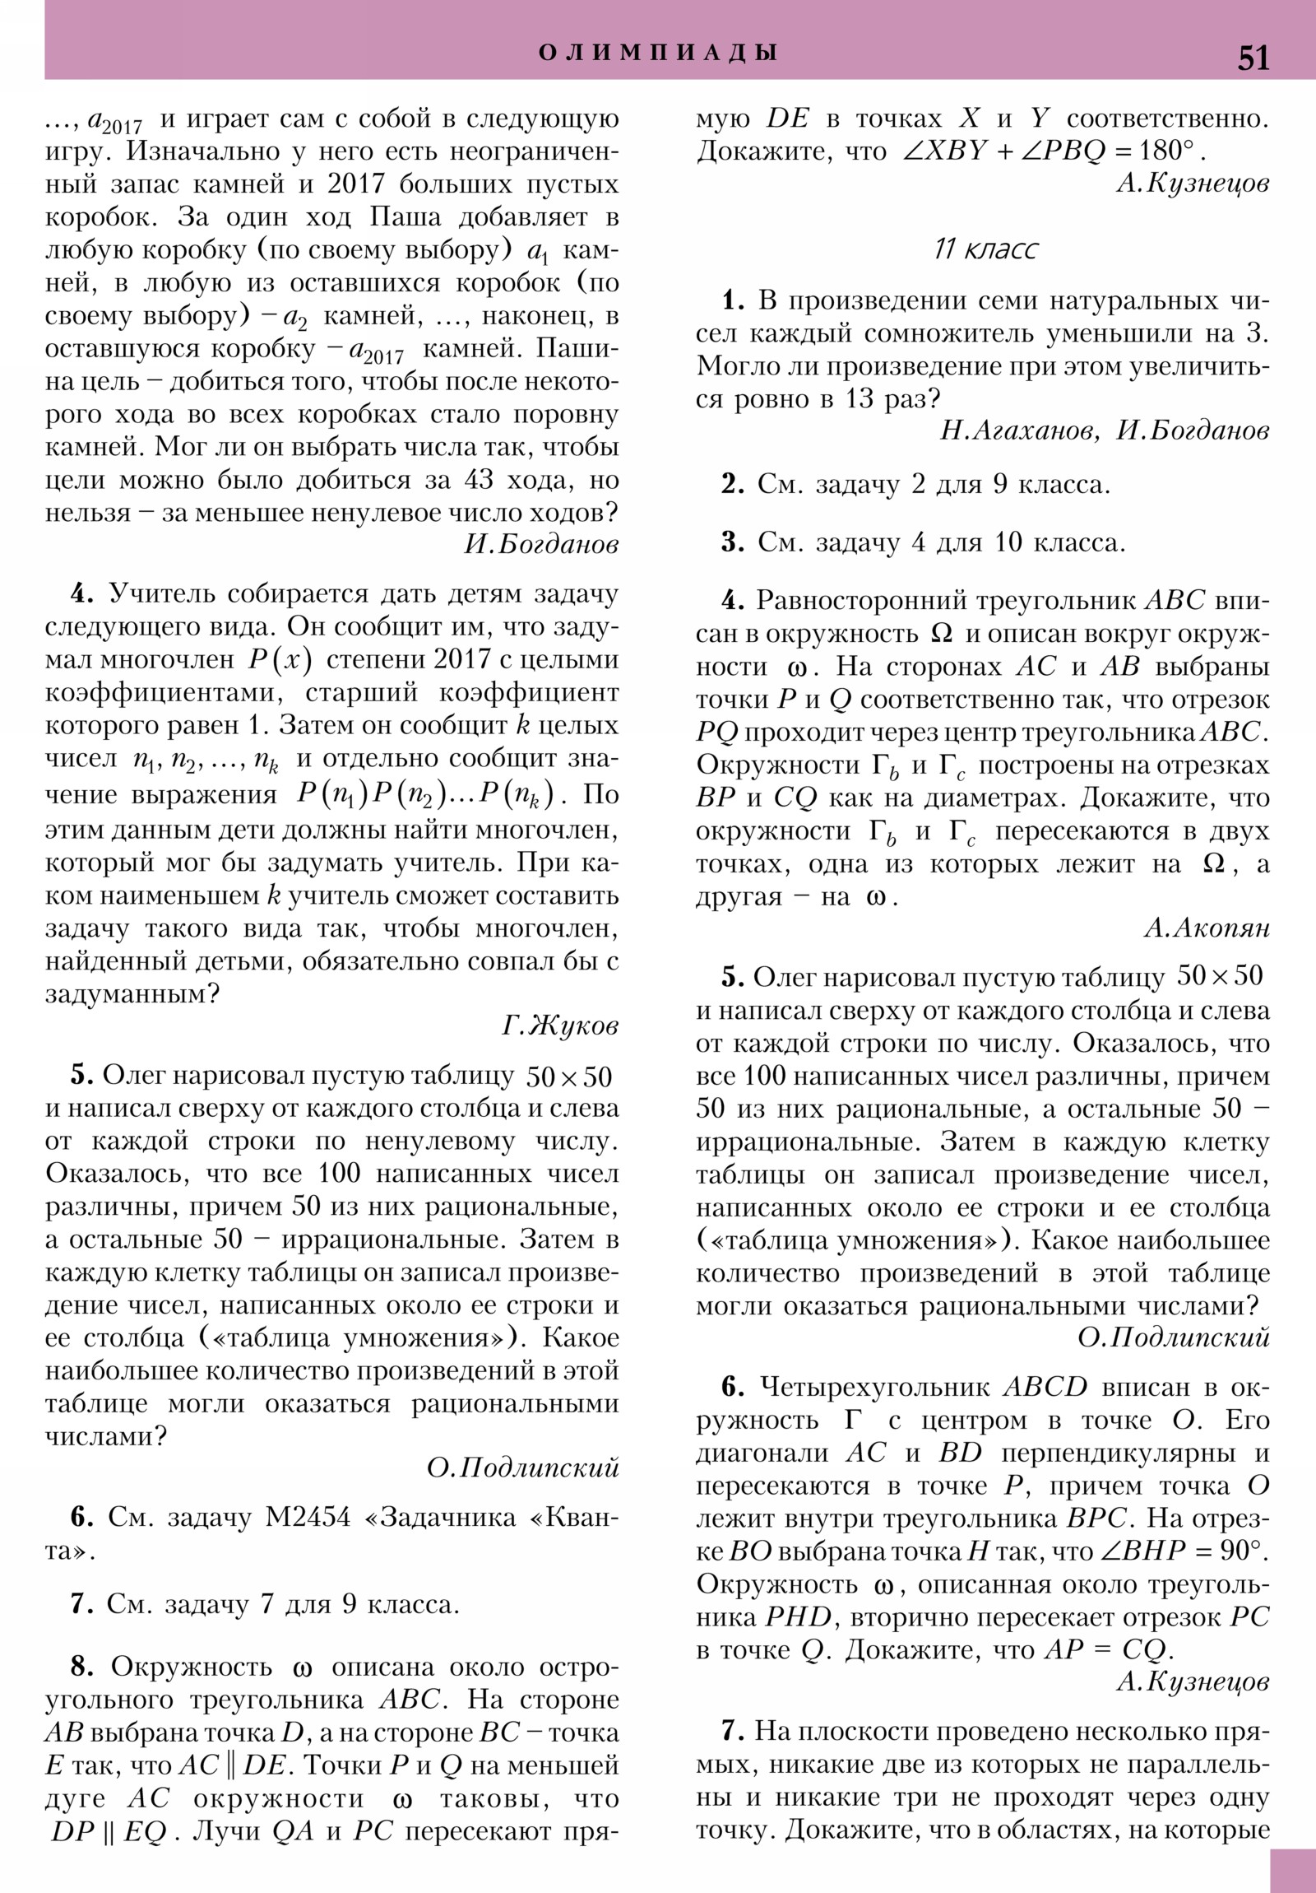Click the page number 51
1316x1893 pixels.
click(1253, 58)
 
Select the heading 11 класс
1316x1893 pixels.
click(985, 249)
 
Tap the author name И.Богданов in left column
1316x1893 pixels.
click(540, 545)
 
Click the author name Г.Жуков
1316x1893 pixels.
click(559, 1026)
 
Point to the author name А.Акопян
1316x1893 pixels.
click(1207, 928)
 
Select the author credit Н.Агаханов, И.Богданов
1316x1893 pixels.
click(1105, 430)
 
